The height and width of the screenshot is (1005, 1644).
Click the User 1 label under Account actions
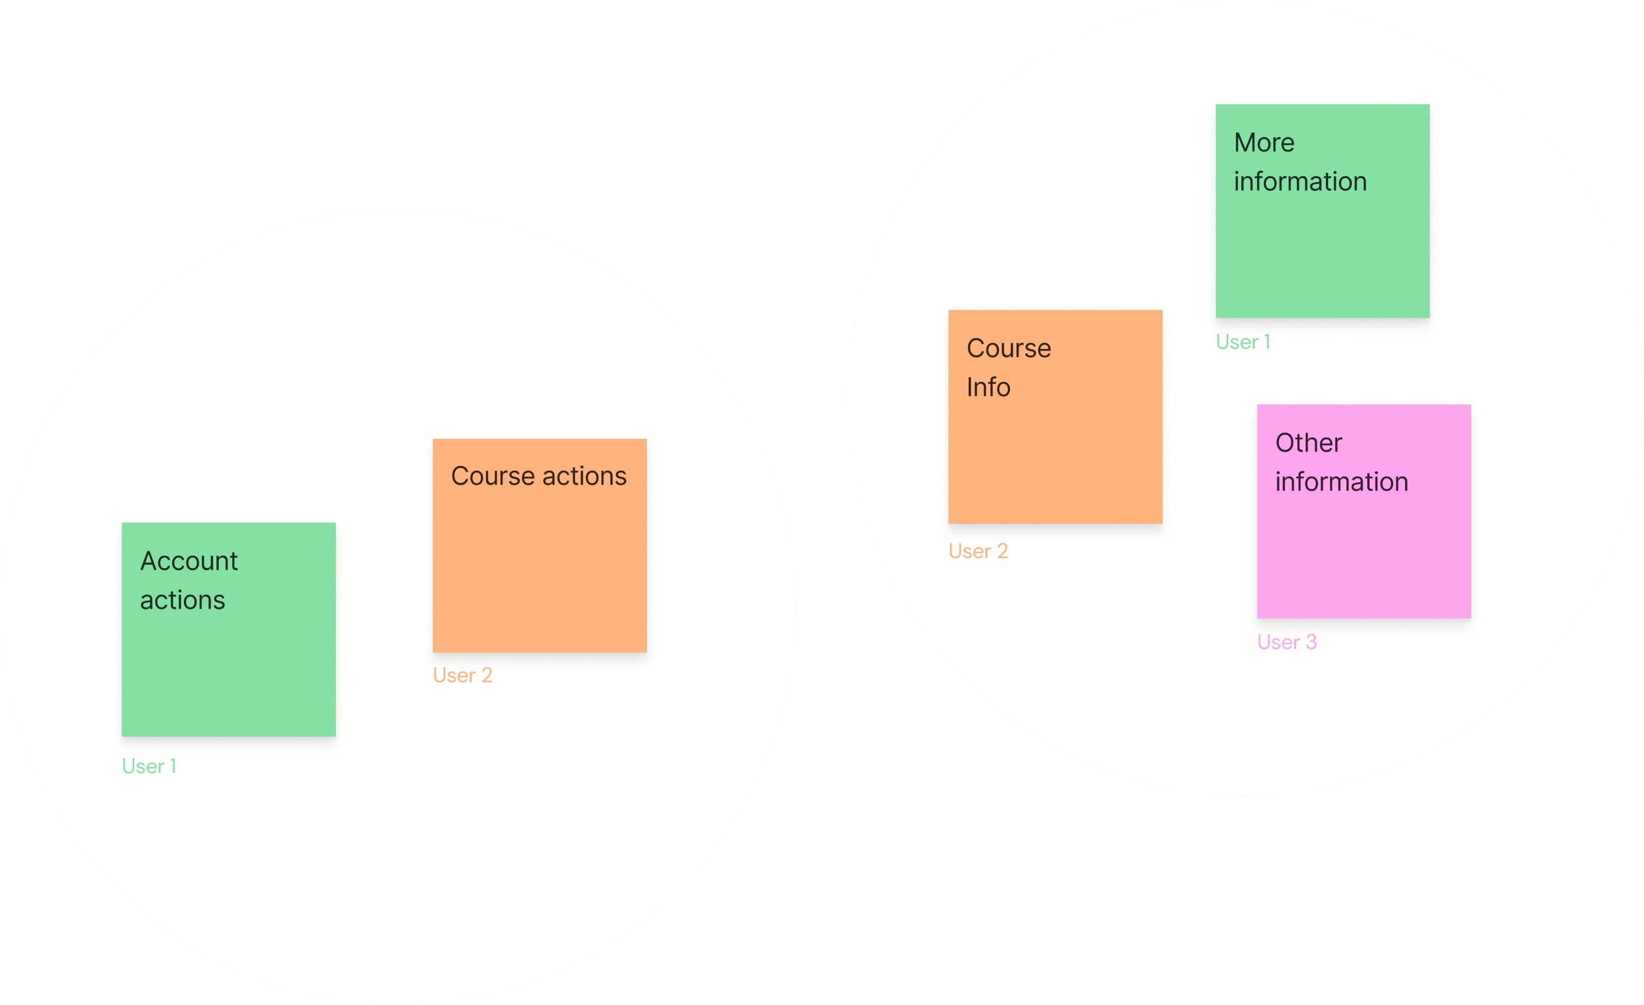(149, 766)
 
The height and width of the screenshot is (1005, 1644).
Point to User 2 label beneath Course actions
(462, 676)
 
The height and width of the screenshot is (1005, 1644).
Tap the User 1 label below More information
(1242, 342)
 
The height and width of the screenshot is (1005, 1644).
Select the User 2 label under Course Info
(978, 551)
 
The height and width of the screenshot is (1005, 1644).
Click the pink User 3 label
(1286, 642)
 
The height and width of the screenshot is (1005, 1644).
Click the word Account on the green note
(189, 561)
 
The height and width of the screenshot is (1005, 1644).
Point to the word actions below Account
(182, 601)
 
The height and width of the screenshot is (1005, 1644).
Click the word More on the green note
(1264, 143)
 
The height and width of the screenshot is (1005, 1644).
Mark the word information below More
(1299, 181)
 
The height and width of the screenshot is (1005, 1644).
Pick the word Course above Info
(1008, 348)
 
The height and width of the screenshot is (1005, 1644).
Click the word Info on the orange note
(988, 387)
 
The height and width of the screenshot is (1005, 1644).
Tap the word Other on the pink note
(1308, 443)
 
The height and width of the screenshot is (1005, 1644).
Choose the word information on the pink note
(1341, 482)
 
